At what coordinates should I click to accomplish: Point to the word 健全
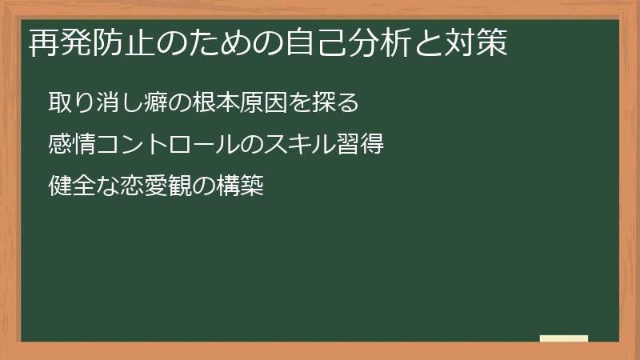(x=73, y=188)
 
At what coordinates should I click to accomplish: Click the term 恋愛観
(x=157, y=188)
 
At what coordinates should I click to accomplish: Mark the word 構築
(x=240, y=188)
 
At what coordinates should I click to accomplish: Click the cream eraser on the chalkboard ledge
(x=563, y=338)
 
